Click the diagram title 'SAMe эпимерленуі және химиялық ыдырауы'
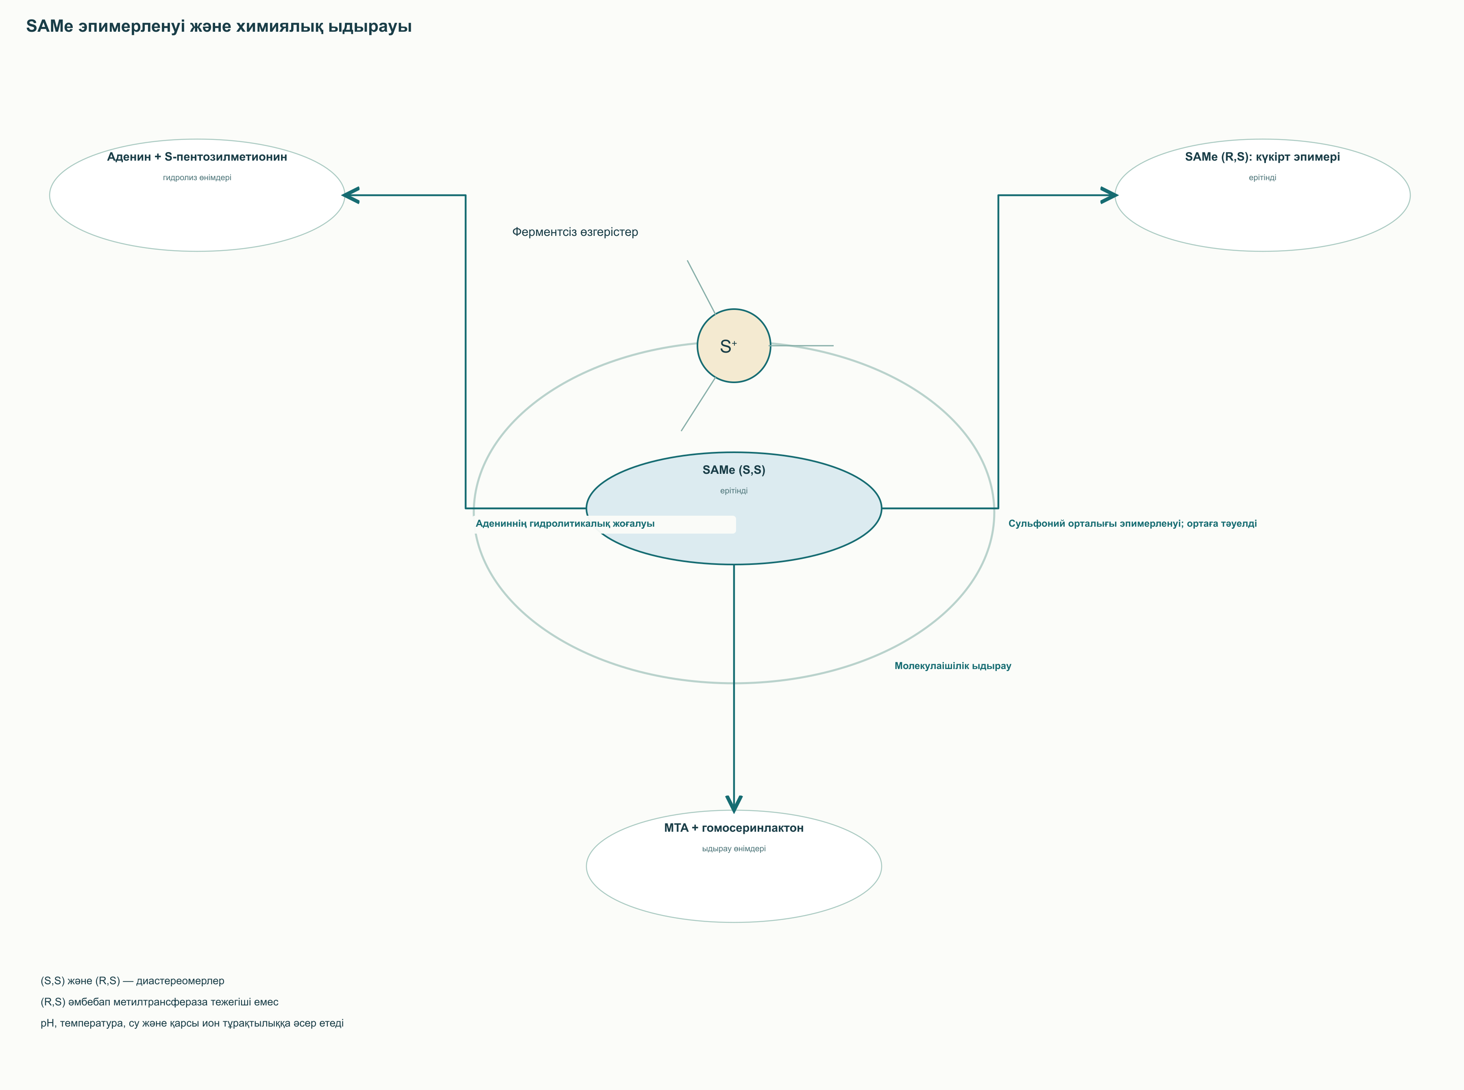219,26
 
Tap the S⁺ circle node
734,346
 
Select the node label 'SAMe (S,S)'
734,470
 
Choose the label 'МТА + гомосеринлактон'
734,828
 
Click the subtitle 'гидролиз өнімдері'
197,177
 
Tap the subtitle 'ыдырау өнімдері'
734,848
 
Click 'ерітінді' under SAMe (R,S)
1262,177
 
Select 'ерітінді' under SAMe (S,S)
734,491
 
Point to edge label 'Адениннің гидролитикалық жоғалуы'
565,524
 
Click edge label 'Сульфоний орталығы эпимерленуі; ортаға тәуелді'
1132,524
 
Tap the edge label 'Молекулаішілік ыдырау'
953,666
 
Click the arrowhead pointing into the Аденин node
350,195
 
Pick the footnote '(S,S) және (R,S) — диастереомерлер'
133,981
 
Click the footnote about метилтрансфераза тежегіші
160,1002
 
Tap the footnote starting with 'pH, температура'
192,1023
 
